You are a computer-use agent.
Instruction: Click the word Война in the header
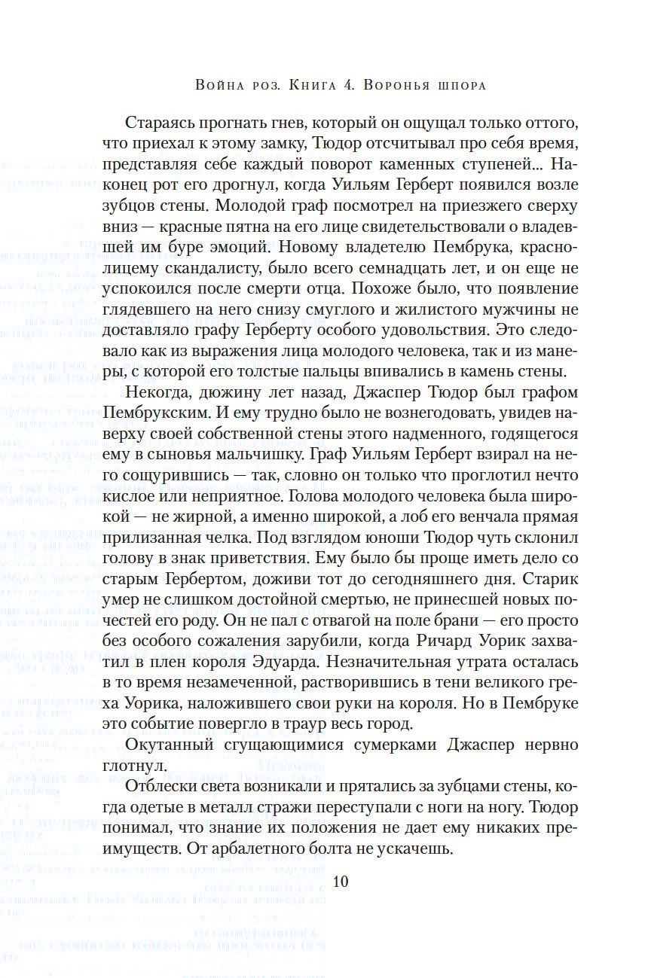(219, 85)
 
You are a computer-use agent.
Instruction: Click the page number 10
(340, 882)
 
